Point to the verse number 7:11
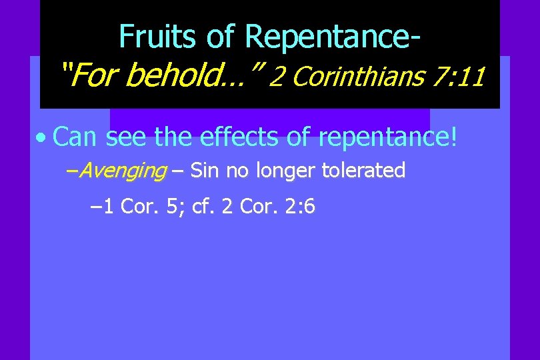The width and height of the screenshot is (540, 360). click(457, 78)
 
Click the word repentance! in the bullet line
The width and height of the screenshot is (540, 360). click(389, 137)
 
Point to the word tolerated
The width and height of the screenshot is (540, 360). click(363, 171)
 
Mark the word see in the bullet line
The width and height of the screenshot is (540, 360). click(127, 137)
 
